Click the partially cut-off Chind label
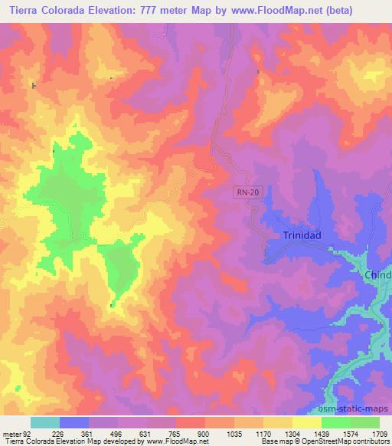(377, 275)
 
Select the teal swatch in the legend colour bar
(45, 422)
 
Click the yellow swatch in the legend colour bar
(306, 422)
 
